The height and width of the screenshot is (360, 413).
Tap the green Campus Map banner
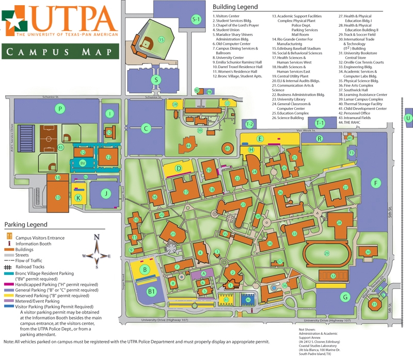tap(60, 52)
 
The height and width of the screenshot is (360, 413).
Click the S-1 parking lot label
tap(196, 20)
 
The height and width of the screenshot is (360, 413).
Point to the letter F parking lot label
tap(376, 184)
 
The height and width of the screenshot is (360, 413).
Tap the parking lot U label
tap(408, 118)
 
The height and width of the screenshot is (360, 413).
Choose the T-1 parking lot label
tap(320, 123)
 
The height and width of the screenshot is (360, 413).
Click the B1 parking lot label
tap(151, 292)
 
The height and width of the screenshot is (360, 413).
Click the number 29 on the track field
tap(326, 252)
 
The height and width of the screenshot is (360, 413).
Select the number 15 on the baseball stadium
tap(162, 39)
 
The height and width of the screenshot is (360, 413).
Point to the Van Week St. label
tap(305, 131)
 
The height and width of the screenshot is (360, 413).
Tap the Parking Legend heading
tap(26, 225)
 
